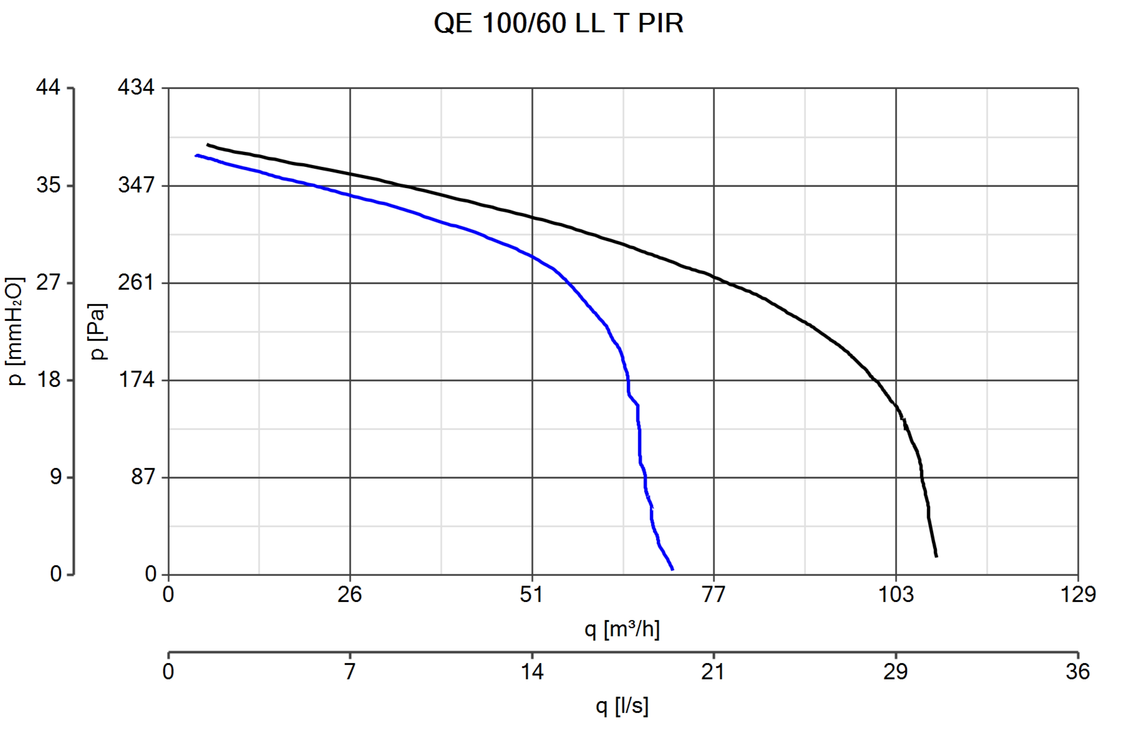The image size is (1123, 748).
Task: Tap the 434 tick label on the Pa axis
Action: click(x=136, y=88)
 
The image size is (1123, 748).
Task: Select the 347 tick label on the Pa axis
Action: click(x=136, y=185)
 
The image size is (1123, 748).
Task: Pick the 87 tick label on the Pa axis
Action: click(x=143, y=477)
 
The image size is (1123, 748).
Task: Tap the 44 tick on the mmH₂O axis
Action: click(x=48, y=88)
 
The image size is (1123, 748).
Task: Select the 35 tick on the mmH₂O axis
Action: click(x=48, y=185)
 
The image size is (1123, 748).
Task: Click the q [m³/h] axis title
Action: click(x=622, y=630)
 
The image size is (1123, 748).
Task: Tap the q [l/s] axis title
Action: click(x=622, y=706)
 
